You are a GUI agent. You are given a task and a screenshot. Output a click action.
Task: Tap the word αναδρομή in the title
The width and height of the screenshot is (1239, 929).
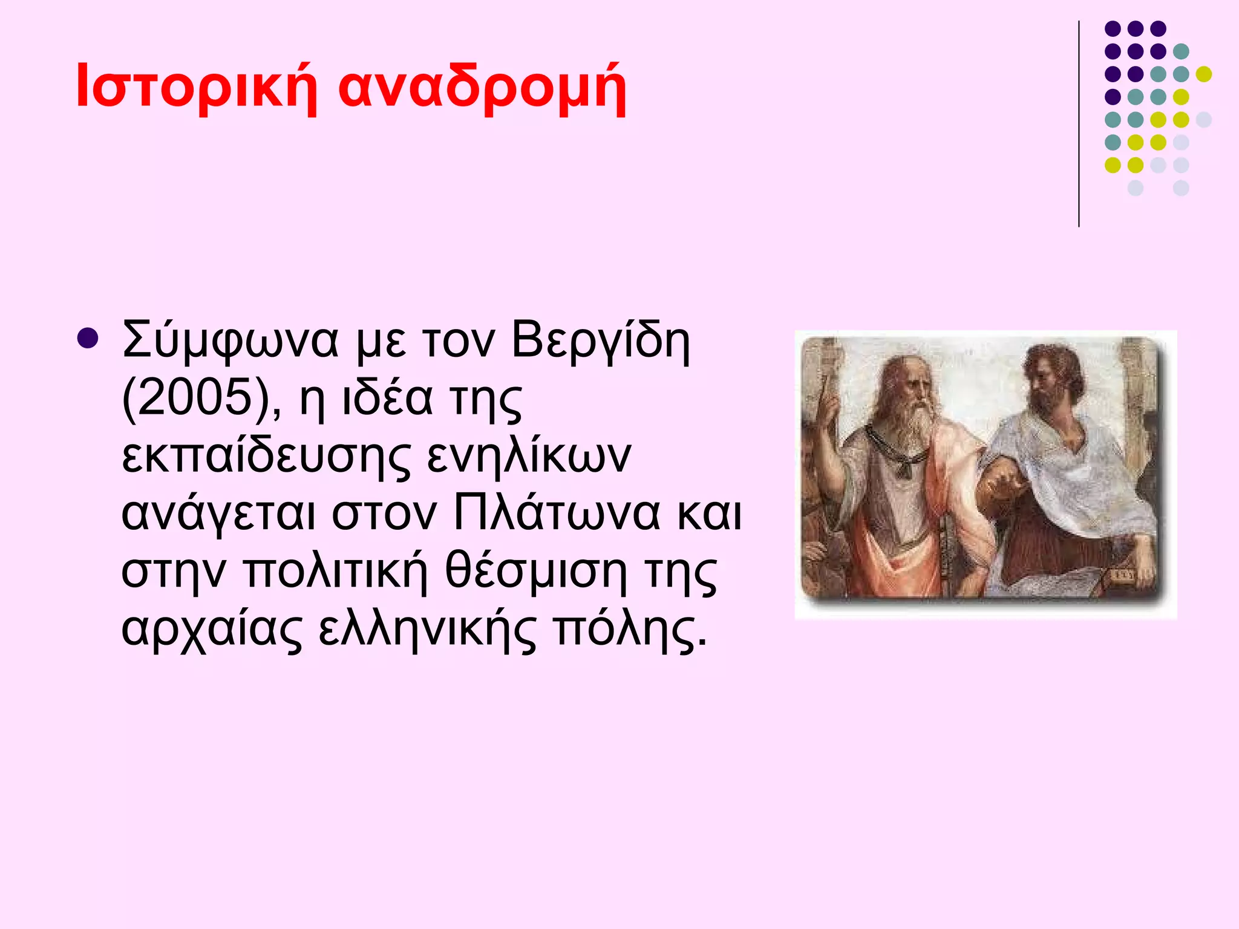point(482,90)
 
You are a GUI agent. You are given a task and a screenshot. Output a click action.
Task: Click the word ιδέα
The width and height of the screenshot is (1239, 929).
point(388,398)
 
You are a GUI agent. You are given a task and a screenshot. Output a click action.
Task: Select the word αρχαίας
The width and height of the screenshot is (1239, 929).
point(211,630)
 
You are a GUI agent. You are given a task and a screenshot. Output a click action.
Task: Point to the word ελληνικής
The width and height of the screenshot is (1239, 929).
point(427,629)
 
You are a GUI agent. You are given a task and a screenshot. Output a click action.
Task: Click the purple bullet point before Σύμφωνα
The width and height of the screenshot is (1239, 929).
point(88,339)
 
